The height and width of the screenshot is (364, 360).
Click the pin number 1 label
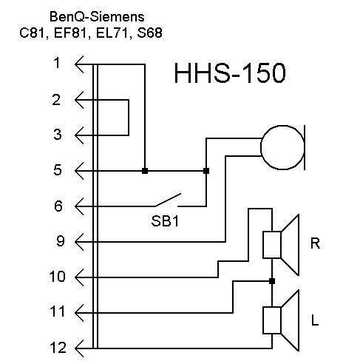57,63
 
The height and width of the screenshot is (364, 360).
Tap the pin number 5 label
58,170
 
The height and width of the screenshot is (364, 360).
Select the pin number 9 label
61,241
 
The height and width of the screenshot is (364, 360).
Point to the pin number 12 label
58,348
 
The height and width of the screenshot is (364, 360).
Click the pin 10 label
58,277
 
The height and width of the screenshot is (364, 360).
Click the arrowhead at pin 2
79,100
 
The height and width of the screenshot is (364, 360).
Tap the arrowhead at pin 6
79,206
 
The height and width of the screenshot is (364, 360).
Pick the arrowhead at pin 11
79,313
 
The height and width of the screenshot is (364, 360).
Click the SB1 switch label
165,221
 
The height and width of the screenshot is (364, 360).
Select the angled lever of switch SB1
168,200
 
